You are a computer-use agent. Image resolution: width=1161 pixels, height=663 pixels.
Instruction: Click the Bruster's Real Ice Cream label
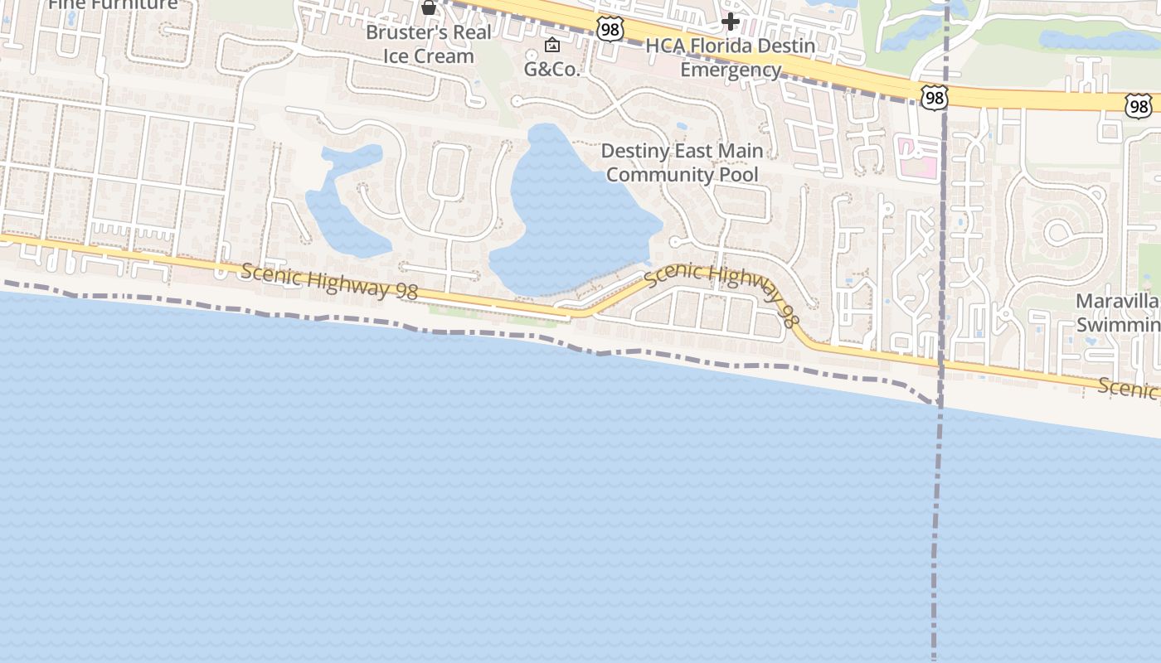[x=429, y=45]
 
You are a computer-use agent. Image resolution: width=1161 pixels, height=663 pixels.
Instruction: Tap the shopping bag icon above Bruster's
[x=429, y=7]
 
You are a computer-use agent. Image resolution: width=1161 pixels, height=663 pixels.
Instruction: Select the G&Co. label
[x=551, y=70]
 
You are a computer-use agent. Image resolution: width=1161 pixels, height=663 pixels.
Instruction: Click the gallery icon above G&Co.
[x=551, y=45]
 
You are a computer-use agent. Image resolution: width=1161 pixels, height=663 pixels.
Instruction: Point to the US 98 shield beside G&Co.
[x=609, y=30]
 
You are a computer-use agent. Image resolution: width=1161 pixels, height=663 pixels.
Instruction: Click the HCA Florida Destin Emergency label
[x=730, y=57]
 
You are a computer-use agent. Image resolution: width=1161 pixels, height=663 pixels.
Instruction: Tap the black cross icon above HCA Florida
[x=730, y=21]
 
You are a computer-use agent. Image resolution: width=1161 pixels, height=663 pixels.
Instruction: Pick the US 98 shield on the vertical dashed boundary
[x=934, y=98]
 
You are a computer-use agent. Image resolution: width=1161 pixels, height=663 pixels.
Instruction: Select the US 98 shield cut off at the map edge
[x=1138, y=104]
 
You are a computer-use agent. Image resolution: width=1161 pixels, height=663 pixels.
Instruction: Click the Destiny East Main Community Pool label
[x=682, y=162]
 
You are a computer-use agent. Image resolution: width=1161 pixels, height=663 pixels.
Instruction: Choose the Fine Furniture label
[x=113, y=4]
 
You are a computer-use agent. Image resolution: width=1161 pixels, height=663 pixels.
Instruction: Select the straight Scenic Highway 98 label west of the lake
[x=329, y=281]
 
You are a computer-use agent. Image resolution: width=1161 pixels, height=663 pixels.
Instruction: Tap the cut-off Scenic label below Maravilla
[x=1129, y=386]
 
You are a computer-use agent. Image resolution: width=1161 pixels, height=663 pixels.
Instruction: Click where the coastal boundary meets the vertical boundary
[x=938, y=402]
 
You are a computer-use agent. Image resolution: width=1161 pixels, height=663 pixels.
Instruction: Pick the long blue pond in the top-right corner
[x=1095, y=40]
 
